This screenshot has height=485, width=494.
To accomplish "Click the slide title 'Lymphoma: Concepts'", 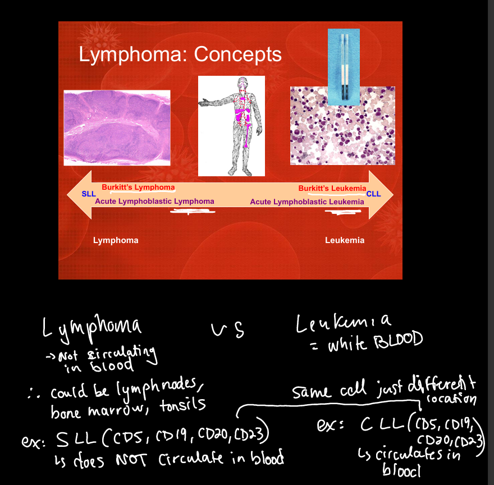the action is click(x=180, y=54).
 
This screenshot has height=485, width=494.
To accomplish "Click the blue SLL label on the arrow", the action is click(x=89, y=194).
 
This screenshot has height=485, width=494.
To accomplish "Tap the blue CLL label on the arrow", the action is click(x=374, y=194).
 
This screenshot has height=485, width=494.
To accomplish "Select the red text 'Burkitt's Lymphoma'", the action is click(x=138, y=187).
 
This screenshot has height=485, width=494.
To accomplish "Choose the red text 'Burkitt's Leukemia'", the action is click(x=332, y=188).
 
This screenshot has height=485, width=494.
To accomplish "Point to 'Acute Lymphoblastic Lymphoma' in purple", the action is click(x=155, y=202).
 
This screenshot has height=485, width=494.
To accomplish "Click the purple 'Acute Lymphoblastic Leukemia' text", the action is click(x=307, y=202).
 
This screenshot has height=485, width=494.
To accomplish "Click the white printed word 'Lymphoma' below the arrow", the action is click(x=116, y=240).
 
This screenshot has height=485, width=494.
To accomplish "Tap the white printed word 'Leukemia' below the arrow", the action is click(x=345, y=240).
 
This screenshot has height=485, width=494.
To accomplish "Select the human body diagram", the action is click(x=231, y=126).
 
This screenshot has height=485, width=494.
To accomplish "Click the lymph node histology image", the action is click(x=117, y=127).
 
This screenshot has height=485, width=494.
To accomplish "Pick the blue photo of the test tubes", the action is click(x=344, y=67).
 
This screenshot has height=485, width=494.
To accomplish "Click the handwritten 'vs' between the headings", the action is click(x=227, y=331).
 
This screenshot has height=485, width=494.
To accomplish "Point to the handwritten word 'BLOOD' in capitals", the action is click(x=399, y=341).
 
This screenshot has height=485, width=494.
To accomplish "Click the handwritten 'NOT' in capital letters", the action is click(x=131, y=460).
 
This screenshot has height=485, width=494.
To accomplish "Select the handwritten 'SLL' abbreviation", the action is click(x=76, y=439).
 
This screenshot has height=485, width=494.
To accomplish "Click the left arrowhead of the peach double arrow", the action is click(x=79, y=195).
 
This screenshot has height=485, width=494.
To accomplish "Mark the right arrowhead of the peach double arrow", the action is click(x=381, y=195).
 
